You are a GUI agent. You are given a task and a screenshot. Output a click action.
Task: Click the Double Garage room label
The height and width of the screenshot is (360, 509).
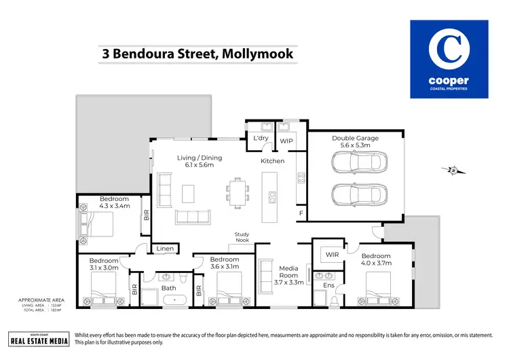click(355, 138)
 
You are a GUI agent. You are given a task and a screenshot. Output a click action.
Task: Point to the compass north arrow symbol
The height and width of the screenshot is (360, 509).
click(453, 170)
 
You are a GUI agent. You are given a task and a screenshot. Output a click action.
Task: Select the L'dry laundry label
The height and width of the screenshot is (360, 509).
click(261, 139)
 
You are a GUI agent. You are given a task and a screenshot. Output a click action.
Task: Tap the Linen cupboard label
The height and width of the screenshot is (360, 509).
click(165, 249)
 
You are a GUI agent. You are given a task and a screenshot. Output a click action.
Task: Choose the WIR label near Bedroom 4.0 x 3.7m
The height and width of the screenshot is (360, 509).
click(332, 255)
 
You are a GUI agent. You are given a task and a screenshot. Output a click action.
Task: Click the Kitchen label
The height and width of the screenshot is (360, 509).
click(273, 161)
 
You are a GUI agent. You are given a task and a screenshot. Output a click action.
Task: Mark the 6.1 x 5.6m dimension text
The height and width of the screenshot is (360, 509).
click(200, 165)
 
